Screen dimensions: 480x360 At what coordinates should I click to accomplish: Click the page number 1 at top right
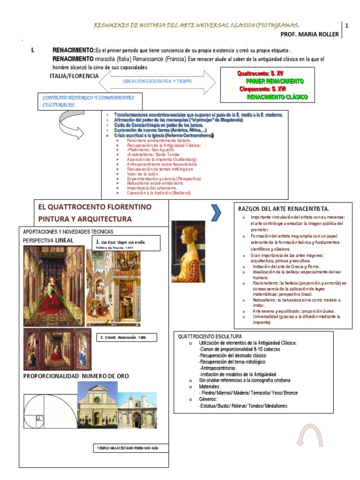point(347,26)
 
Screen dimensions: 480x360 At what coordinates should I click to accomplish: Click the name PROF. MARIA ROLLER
point(309,35)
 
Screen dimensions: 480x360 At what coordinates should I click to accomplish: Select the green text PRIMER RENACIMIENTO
point(275,81)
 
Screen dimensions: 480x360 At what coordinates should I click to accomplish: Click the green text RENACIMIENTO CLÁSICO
point(277,97)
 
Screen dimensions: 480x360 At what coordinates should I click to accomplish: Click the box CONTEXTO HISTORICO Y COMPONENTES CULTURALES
point(89,101)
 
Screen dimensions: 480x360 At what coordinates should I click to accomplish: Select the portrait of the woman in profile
point(188,251)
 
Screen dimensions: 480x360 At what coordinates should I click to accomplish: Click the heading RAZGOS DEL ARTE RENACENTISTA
point(284,208)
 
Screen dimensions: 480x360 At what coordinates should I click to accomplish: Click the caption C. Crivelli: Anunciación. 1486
point(127,337)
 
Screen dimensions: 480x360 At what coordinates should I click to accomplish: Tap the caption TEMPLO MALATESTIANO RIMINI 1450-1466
point(127,448)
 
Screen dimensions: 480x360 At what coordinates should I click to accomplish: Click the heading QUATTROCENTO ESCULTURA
point(210,337)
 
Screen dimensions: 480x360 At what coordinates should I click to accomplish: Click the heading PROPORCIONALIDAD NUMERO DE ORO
point(76,376)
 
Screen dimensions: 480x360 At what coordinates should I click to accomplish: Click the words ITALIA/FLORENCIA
point(74,75)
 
